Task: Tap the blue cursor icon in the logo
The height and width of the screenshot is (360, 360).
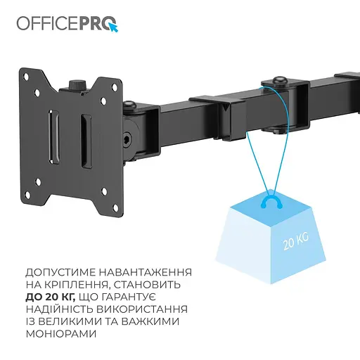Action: [112, 27]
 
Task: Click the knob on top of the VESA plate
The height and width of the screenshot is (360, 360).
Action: [76, 83]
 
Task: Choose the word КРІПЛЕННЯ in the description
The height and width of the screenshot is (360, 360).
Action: [82, 284]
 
